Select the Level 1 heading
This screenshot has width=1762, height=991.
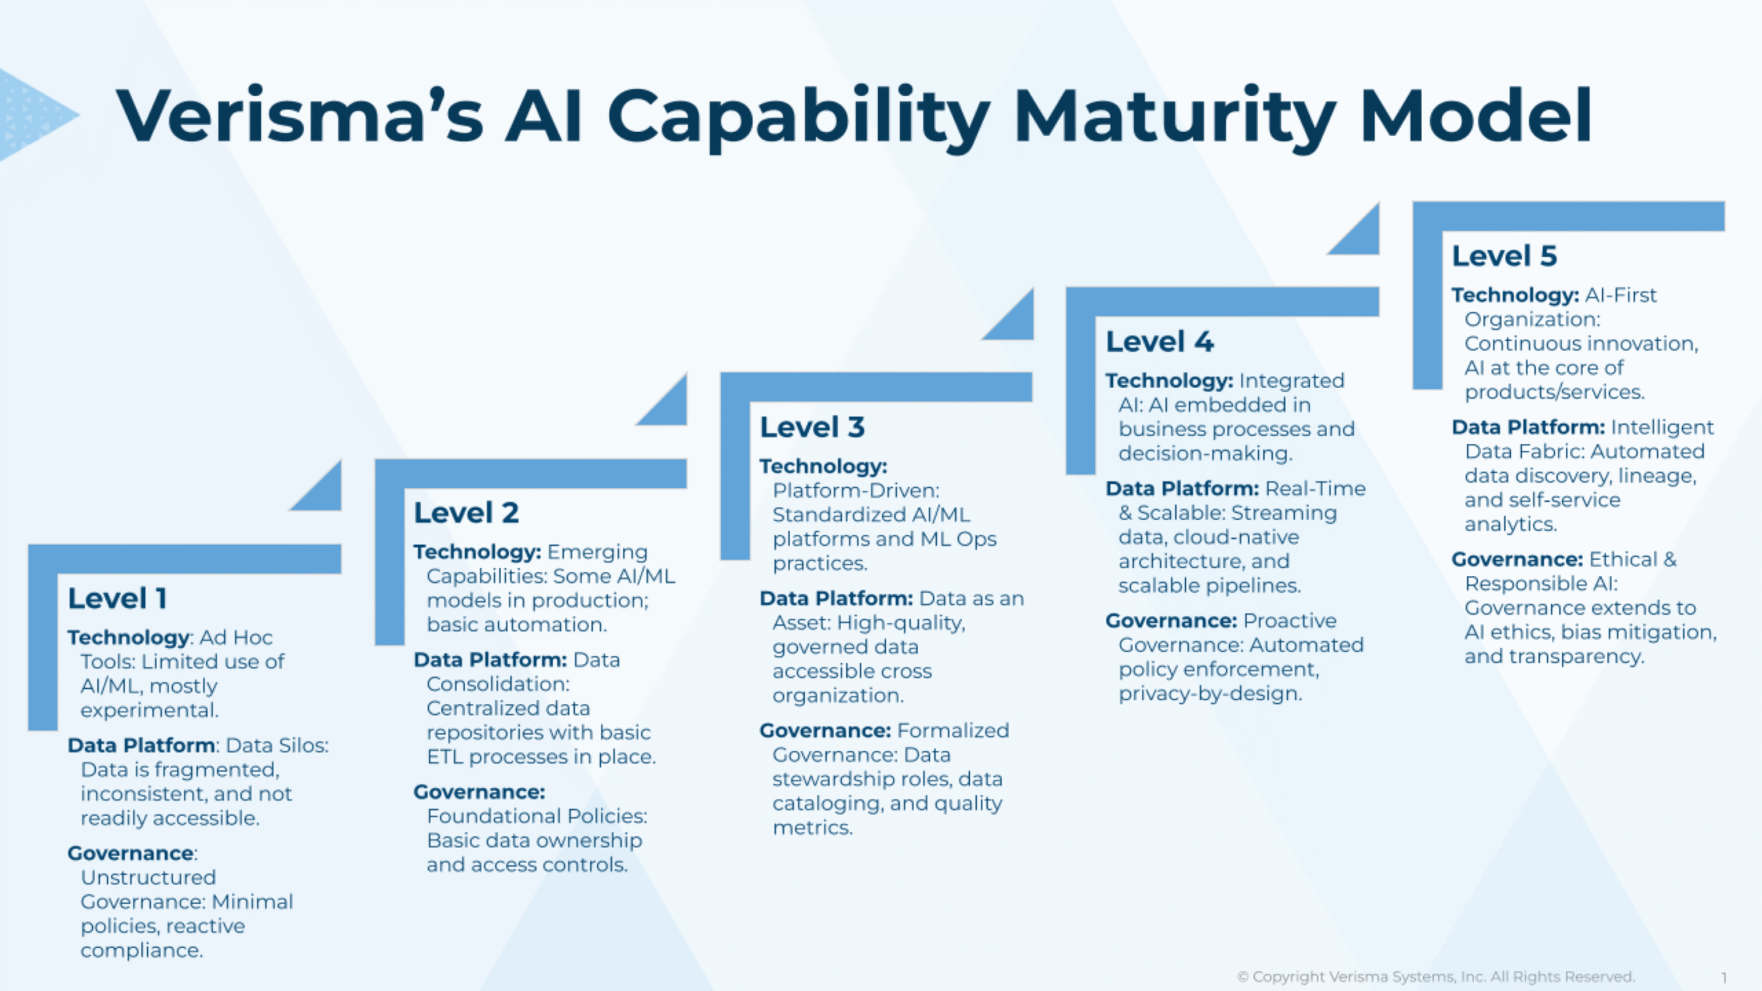pyautogui.click(x=118, y=599)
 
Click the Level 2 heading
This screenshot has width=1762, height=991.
pyautogui.click(x=466, y=513)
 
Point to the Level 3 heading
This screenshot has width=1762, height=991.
pyautogui.click(x=812, y=427)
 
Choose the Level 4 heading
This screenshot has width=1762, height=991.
pyautogui.click(x=1160, y=342)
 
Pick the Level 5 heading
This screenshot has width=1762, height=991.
pyautogui.click(x=1505, y=256)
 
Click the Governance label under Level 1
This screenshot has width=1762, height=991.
pyautogui.click(x=131, y=853)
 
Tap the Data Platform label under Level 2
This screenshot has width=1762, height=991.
pyautogui.click(x=490, y=660)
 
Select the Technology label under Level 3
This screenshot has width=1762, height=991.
pyautogui.click(x=823, y=467)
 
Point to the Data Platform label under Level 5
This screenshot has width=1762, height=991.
pyautogui.click(x=1528, y=427)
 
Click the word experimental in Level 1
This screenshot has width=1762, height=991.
pyautogui.click(x=149, y=710)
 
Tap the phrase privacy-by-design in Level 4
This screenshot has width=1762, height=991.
pyautogui.click(x=1211, y=694)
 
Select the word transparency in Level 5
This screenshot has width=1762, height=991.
pyautogui.click(x=1575, y=657)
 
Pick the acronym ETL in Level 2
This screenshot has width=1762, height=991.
pyautogui.click(x=444, y=757)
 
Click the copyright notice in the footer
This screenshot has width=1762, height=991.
pyautogui.click(x=1436, y=977)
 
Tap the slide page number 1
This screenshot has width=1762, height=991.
pyautogui.click(x=1724, y=977)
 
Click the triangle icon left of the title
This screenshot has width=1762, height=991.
pyautogui.click(x=34, y=115)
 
